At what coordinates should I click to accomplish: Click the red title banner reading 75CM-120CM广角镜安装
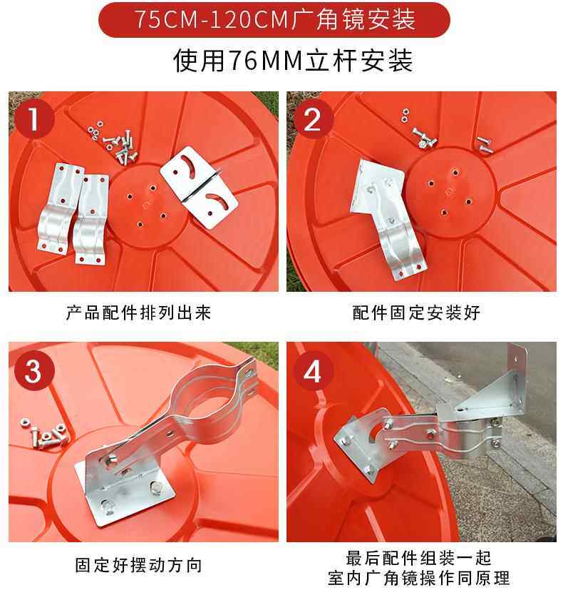274,20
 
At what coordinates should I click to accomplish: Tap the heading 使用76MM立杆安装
293,61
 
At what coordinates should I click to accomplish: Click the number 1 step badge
34,118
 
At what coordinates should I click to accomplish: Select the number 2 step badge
312,118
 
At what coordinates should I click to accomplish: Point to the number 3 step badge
33,370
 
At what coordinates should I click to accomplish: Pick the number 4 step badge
313,371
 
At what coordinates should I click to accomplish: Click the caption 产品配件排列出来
138,312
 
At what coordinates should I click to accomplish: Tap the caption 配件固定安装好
416,312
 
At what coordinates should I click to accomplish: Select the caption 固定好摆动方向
138,564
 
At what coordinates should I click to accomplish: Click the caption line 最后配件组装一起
418,558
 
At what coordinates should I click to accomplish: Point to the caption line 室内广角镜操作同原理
418,578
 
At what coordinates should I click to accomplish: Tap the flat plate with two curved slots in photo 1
199,187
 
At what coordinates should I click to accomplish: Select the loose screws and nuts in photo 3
44,434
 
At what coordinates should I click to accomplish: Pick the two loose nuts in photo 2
406,116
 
